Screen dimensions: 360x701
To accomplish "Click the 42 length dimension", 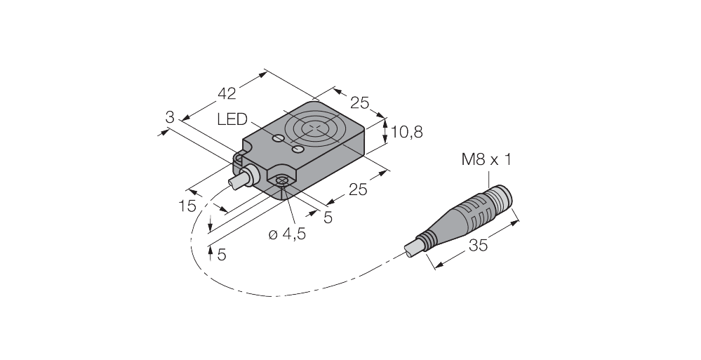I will coord(227,93).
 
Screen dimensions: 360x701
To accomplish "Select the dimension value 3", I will coord(169,117).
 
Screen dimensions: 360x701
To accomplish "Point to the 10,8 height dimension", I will coord(406,131).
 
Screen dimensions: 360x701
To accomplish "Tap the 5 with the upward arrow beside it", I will coord(221,254).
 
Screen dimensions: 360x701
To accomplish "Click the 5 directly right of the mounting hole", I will coord(327,218).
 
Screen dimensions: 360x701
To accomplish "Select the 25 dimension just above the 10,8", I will coord(359,103).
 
